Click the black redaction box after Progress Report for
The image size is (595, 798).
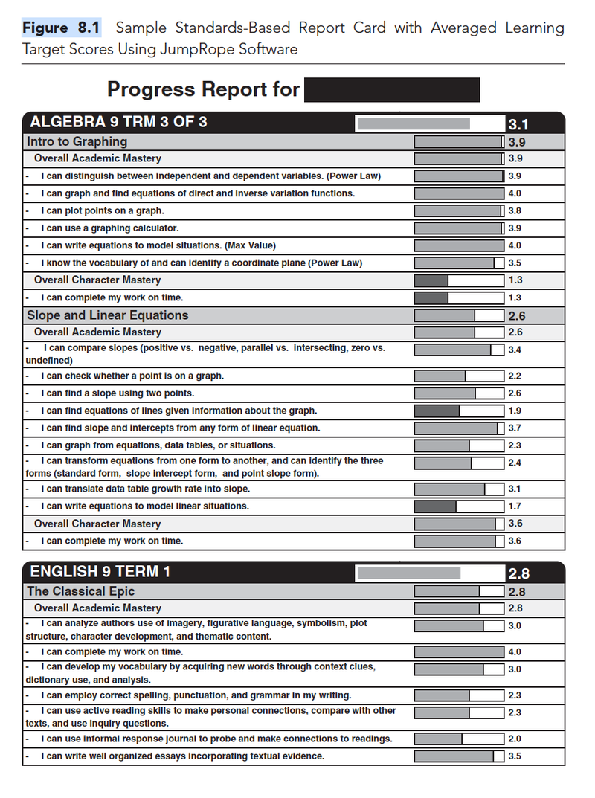click(x=392, y=90)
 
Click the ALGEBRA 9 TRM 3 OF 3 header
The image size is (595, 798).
click(x=119, y=123)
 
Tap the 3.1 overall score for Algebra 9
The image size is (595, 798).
click(x=518, y=124)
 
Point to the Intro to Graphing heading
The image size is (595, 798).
click(x=77, y=141)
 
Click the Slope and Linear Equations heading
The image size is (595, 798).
click(x=107, y=315)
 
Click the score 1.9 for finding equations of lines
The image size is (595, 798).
click(x=515, y=411)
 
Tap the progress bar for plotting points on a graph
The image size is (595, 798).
click(x=458, y=211)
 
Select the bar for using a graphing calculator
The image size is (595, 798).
click(x=458, y=228)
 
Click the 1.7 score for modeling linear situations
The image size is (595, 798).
click(x=515, y=506)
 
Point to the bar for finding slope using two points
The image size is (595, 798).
click(x=458, y=393)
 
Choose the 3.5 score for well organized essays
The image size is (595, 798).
click(x=515, y=756)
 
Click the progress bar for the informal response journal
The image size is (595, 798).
click(x=458, y=739)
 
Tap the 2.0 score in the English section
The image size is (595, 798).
click(x=515, y=739)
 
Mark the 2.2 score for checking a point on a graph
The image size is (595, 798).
click(x=515, y=376)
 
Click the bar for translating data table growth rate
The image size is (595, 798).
click(x=458, y=489)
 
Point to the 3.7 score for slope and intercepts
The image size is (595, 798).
click(x=515, y=428)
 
